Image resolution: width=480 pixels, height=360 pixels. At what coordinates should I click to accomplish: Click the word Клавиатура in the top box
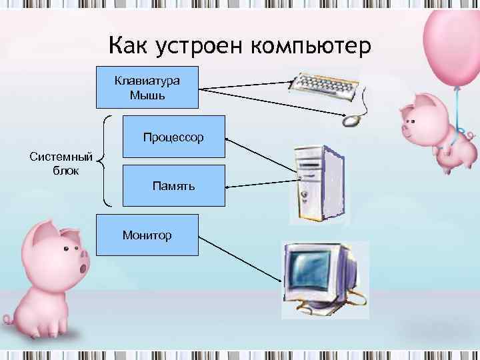coord(147,81)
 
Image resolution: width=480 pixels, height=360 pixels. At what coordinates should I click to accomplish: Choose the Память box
coord(173,185)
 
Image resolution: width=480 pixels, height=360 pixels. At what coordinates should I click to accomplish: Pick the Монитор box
coord(147,235)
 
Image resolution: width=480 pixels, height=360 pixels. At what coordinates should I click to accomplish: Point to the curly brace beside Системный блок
coord(104,160)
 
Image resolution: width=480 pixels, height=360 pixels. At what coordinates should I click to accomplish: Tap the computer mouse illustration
coord(351,121)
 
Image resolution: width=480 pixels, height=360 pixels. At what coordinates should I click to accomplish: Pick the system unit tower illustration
coord(317,184)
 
